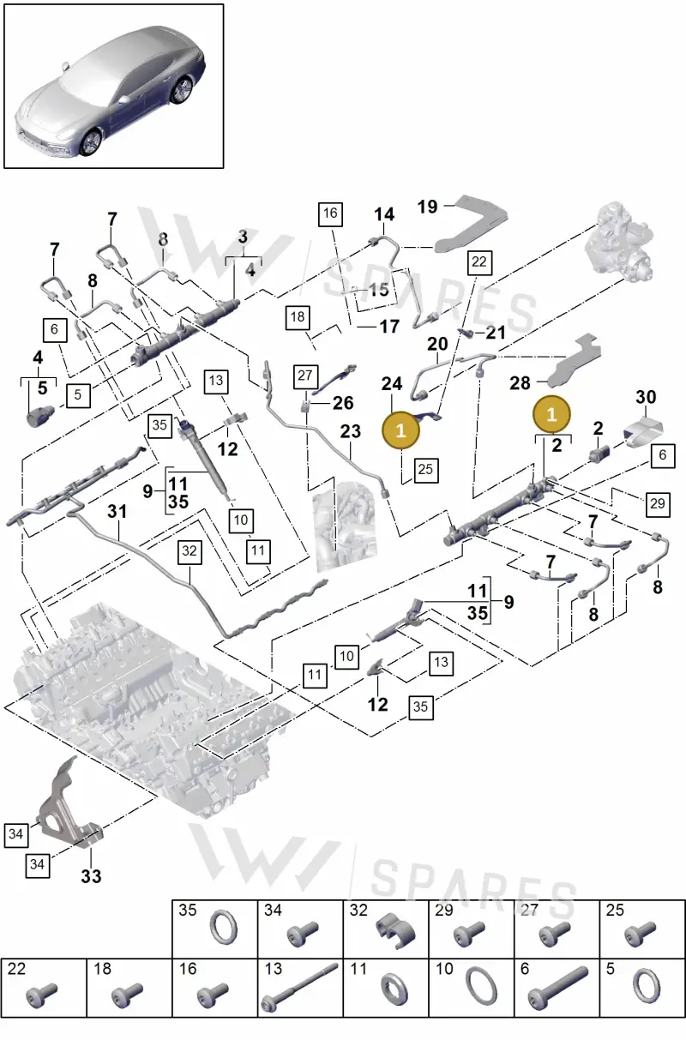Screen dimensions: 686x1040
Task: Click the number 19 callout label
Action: click(427, 207)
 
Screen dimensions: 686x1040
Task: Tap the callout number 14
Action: click(384, 214)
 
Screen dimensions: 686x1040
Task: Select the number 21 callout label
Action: click(495, 333)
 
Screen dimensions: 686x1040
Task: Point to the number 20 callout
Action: click(437, 344)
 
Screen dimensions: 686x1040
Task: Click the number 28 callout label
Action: click(520, 383)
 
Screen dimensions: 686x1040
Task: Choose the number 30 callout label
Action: click(646, 397)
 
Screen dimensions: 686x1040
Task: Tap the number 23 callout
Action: click(350, 431)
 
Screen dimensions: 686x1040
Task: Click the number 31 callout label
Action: click(117, 512)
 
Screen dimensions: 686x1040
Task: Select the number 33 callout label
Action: click(91, 876)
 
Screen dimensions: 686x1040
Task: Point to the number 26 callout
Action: click(343, 403)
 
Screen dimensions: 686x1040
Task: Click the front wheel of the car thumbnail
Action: click(90, 142)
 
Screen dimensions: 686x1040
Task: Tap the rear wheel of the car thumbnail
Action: click(181, 90)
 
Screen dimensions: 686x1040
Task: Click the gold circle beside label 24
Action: click(400, 430)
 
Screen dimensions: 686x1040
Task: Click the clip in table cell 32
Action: click(395, 930)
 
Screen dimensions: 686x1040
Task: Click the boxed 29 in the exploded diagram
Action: click(657, 504)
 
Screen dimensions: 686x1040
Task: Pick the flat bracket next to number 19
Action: click(471, 222)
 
